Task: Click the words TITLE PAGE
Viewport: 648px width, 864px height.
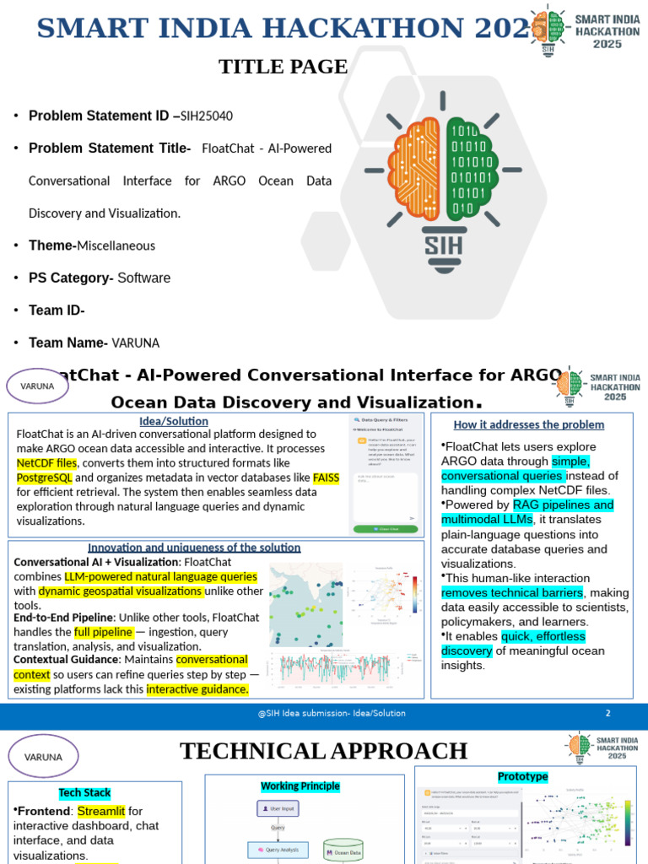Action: pyautogui.click(x=283, y=67)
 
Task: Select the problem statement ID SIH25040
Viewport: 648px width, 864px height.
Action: pyautogui.click(x=207, y=116)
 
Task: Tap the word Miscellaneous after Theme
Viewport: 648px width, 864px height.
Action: pyautogui.click(x=116, y=246)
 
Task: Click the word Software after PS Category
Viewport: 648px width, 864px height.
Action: pyautogui.click(x=143, y=278)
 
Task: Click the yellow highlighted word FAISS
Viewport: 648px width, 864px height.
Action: pyautogui.click(x=326, y=478)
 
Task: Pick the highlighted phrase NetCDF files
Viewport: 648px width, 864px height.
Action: pyautogui.click(x=46, y=463)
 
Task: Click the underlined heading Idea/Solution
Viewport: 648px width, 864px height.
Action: pyautogui.click(x=174, y=421)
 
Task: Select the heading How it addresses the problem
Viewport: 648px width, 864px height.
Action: pyautogui.click(x=529, y=424)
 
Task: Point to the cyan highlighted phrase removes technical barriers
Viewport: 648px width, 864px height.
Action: pyautogui.click(x=512, y=592)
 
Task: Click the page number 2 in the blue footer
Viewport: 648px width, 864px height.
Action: pyautogui.click(x=607, y=713)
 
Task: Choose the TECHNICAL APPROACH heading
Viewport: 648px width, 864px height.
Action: pyautogui.click(x=323, y=751)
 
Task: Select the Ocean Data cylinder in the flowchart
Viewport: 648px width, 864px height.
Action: pyautogui.click(x=343, y=852)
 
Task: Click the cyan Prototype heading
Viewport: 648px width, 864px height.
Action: pyautogui.click(x=523, y=776)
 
